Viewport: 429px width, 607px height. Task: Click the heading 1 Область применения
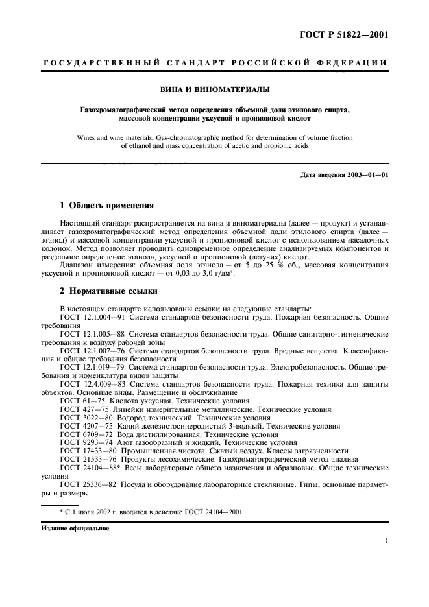(106, 206)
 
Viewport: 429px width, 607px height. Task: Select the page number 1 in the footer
(386, 540)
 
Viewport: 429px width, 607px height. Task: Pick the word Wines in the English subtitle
(87, 137)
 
